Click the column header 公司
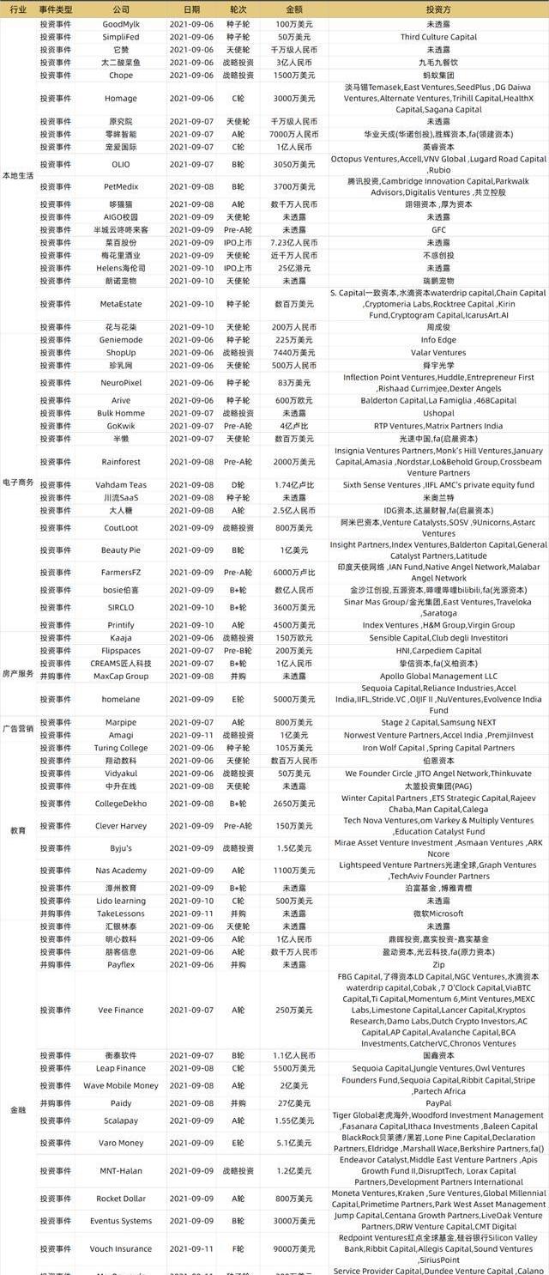point(121,9)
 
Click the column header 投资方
point(438,9)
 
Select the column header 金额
point(293,9)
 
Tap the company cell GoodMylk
point(121,24)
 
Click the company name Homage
point(121,99)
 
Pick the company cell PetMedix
point(121,186)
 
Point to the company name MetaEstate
point(121,304)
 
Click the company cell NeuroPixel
point(121,382)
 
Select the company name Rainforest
point(121,462)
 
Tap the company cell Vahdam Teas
point(121,485)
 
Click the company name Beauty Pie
point(121,550)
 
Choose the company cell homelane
point(121,699)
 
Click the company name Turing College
point(121,748)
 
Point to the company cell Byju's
point(121,848)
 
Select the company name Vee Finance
point(121,1011)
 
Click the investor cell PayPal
point(438,1103)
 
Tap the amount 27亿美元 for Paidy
point(293,1103)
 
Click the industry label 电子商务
point(18,483)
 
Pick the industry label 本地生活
point(18,175)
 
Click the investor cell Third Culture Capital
point(438,38)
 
